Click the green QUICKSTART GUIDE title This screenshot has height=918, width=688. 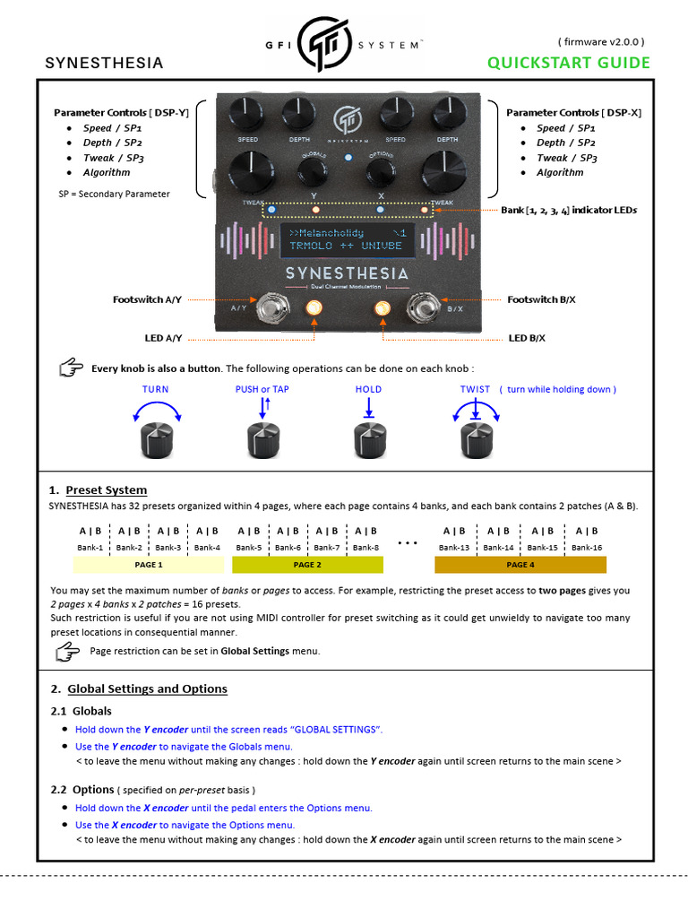tap(569, 63)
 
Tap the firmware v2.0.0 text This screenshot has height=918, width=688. tap(601, 41)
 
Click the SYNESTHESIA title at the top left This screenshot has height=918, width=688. tap(104, 63)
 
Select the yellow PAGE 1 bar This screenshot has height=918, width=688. tap(148, 565)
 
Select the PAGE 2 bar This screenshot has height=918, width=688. tap(307, 565)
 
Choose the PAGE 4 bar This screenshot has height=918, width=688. tap(520, 565)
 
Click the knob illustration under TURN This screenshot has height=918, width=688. tap(156, 439)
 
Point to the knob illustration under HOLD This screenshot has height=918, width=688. tap(367, 439)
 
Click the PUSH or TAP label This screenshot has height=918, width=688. tap(262, 389)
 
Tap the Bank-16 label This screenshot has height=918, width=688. tap(587, 547)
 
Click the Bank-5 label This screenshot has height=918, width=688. tap(249, 547)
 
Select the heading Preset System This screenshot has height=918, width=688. tap(106, 490)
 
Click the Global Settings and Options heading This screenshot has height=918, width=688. tap(147, 688)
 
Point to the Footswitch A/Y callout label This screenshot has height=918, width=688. tap(147, 299)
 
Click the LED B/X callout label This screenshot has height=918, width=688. tap(527, 338)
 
